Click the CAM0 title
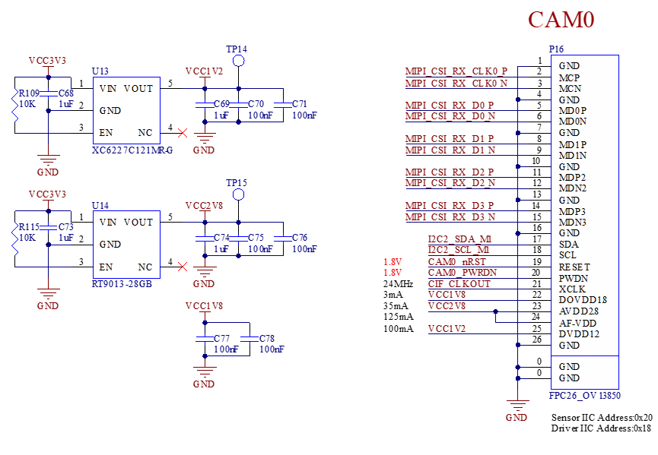point(561,20)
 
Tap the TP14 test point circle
point(239,61)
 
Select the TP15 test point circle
point(239,194)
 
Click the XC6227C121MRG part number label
point(132,150)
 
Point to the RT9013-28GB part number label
point(122,283)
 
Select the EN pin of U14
point(106,267)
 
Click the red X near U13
point(183,133)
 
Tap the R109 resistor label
point(27,93)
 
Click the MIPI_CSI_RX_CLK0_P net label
point(456,71)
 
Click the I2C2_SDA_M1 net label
point(459,239)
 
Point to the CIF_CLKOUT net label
point(459,284)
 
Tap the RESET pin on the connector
point(574,267)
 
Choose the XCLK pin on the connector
point(572,289)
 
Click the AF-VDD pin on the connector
point(577,323)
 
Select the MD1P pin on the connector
point(573,144)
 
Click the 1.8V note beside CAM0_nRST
point(393,262)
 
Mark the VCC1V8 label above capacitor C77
point(205,306)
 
